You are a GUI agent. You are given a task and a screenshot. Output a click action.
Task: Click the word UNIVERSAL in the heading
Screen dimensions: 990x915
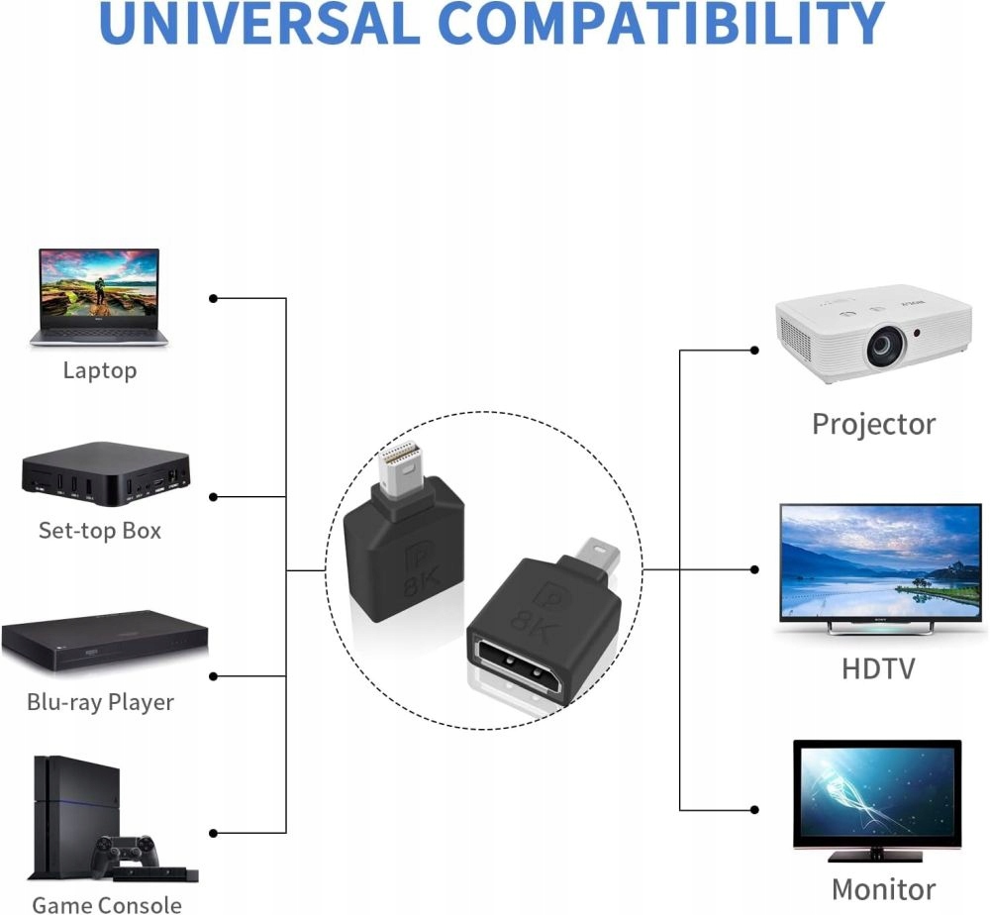[258, 23]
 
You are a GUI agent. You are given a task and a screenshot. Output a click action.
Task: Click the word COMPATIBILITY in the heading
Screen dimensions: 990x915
[661, 23]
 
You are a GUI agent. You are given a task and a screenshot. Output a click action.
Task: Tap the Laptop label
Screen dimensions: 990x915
[100, 370]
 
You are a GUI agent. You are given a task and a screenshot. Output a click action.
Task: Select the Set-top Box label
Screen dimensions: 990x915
[100, 531]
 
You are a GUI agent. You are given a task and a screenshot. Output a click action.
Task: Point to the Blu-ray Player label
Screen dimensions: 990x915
[100, 702]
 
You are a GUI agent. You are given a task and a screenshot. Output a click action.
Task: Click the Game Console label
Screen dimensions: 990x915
[107, 905]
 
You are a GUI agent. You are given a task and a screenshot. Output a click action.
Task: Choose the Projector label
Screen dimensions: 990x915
[874, 425]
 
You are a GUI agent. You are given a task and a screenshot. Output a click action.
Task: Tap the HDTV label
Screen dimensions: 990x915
[878, 668]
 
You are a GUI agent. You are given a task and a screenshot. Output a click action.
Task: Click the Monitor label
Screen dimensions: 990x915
[883, 889]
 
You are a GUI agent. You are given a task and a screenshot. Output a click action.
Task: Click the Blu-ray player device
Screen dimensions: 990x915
[105, 641]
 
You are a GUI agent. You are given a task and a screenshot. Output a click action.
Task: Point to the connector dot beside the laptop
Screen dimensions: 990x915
[214, 298]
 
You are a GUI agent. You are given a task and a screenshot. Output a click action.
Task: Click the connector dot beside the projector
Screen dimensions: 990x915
[753, 350]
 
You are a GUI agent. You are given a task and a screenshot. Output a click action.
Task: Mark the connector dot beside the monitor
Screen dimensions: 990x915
[753, 810]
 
